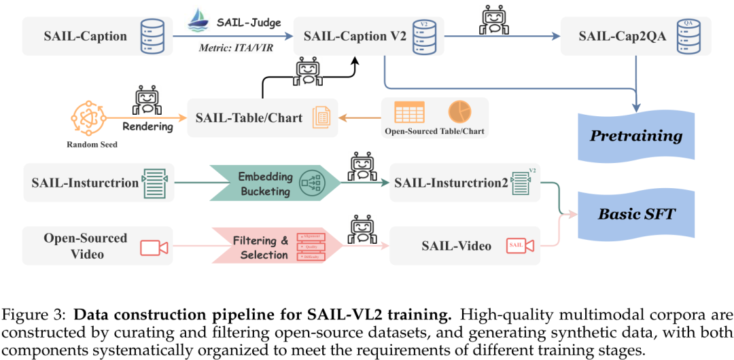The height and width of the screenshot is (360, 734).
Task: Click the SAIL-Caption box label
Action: click(85, 37)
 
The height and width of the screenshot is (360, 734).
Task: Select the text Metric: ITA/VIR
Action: click(232, 48)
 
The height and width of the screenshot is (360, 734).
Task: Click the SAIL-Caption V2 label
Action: click(355, 37)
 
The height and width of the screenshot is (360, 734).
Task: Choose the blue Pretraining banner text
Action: click(636, 135)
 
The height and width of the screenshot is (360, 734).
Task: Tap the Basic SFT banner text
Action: click(636, 214)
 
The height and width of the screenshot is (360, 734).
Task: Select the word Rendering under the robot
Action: click(147, 126)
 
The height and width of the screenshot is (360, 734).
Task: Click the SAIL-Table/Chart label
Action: click(249, 118)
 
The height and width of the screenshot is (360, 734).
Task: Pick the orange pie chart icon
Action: click(459, 111)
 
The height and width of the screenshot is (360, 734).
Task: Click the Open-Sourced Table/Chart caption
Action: click(434, 131)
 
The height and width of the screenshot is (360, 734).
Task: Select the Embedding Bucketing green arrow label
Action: click(265, 183)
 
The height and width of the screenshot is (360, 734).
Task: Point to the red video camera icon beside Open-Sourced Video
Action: click(153, 247)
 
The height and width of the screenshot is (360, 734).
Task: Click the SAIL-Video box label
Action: click(457, 246)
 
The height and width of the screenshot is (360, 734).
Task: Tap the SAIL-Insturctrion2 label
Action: click(451, 182)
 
